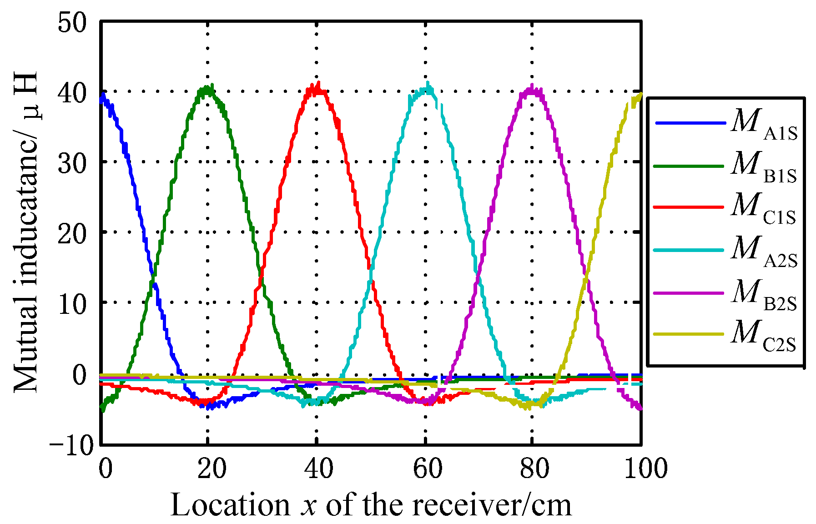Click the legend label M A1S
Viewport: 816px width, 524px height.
point(764,125)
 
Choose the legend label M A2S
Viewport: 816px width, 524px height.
point(764,252)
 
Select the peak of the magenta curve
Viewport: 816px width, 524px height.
point(531,87)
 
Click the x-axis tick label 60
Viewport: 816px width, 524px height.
point(427,469)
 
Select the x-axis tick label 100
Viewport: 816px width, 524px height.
point(645,469)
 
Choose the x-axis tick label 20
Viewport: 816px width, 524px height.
point(212,469)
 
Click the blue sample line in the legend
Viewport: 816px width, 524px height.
point(690,123)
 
